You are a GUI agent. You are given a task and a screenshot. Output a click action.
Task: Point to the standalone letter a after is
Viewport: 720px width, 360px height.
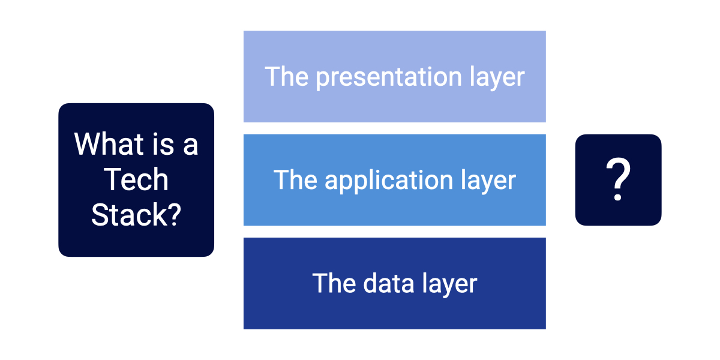point(190,146)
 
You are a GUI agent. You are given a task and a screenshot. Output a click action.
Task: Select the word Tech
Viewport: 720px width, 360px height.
point(136,180)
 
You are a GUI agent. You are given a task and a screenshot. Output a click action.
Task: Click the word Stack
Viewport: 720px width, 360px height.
point(129,215)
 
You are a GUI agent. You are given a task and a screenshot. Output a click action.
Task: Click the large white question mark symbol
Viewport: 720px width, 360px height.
point(618,180)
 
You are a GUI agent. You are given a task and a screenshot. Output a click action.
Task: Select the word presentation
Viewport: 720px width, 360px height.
point(388,78)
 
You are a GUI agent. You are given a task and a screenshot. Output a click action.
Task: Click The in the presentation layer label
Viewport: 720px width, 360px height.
point(287,77)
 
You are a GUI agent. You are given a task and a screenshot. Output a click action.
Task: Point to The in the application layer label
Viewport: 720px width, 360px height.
point(295,180)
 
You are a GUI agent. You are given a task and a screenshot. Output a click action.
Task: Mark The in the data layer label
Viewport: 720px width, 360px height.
point(334,283)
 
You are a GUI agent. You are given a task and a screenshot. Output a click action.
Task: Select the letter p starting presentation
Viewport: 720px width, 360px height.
point(322,79)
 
